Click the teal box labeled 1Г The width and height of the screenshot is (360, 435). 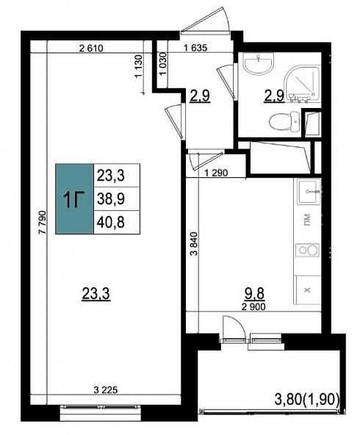click(x=74, y=199)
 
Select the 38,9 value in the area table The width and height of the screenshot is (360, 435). click(x=111, y=199)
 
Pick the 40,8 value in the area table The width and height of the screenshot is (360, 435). click(x=111, y=222)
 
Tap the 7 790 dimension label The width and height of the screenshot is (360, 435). click(x=43, y=223)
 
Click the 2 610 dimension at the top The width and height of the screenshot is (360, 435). click(x=91, y=48)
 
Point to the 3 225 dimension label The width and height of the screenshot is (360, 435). click(x=106, y=390)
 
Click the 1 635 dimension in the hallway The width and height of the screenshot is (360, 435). click(x=195, y=48)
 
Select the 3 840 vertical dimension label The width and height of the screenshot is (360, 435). click(x=195, y=243)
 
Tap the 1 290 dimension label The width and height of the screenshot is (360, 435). click(x=216, y=173)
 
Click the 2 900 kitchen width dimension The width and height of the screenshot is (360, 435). click(x=253, y=307)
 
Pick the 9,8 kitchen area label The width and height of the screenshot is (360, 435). click(x=254, y=295)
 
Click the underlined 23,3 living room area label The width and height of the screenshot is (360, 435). click(x=96, y=294)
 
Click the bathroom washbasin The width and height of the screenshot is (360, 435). click(x=258, y=63)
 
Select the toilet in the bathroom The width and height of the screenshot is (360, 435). click(x=284, y=121)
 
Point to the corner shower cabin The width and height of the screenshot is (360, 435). click(x=302, y=84)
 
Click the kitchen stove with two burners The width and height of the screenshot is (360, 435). click(x=307, y=250)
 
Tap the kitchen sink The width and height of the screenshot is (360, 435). click(x=308, y=192)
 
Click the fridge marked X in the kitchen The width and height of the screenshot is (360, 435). click(x=307, y=290)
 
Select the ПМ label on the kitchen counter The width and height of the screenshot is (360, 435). click(x=307, y=220)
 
